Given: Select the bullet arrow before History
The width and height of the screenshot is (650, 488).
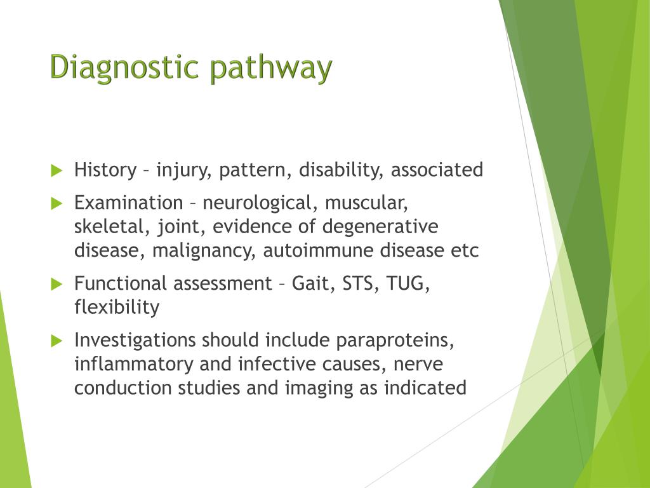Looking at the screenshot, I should pos(56,170).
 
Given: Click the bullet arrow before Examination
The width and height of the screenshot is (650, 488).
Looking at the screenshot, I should pos(56,203).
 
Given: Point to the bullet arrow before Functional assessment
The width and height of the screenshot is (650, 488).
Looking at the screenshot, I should pos(56,283).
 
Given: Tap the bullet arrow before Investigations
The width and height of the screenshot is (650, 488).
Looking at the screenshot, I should pos(56,341).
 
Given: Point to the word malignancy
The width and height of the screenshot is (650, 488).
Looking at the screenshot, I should pos(203,251).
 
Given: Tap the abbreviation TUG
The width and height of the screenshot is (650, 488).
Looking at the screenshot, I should pos(411,283).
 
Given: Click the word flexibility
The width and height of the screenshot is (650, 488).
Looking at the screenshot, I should pos(117,308).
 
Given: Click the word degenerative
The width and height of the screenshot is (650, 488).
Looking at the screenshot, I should pos(380,227).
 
